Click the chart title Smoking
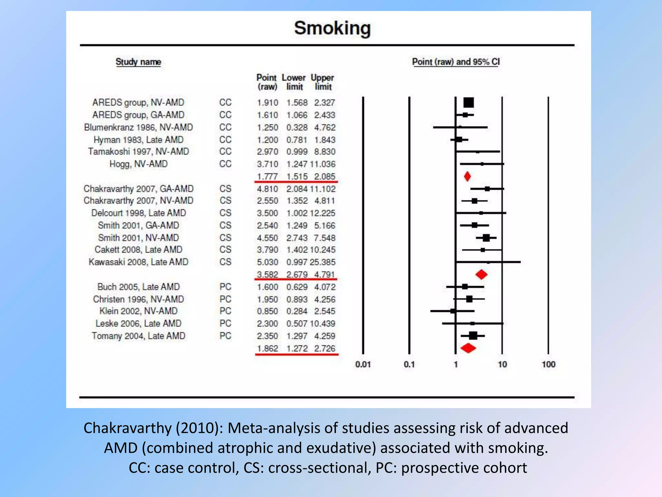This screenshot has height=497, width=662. coord(332,28)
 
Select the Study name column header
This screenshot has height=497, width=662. coord(138,62)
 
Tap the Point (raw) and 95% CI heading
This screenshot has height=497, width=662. coord(456,62)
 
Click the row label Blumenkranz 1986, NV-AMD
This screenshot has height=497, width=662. coord(138,127)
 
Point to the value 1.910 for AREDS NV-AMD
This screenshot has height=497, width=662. coord(267,103)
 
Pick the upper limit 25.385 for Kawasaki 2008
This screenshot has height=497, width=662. coord(323,262)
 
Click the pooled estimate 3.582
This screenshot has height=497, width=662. coord(267,274)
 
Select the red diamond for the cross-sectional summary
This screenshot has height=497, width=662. coord(481,274)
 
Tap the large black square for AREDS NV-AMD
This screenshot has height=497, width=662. coord(468,103)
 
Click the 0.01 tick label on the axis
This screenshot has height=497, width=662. coord(363,364)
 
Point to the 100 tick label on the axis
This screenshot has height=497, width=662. coord(548,364)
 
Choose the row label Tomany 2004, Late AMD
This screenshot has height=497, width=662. coord(138,336)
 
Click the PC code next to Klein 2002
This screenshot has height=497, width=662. coord(225,311)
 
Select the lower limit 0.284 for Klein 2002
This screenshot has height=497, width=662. coord(297,311)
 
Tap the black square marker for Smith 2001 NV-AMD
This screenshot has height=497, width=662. coord(486,238)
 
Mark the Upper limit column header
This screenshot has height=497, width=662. coord(322,82)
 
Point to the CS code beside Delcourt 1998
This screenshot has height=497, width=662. coord(225,213)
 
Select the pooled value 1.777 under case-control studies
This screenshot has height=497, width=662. coord(267,177)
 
